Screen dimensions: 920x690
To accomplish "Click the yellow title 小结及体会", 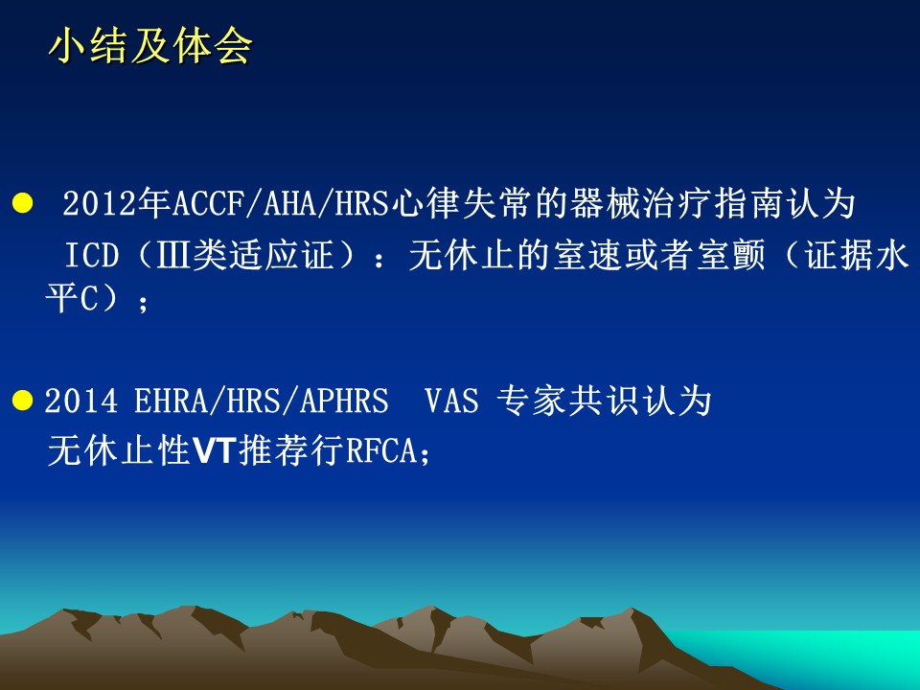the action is pos(150,46).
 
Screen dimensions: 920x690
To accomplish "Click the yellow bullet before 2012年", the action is pos(22,203).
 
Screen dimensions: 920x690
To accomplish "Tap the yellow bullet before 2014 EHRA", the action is pos(22,401).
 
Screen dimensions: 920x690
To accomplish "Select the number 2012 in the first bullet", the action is pos(99,203).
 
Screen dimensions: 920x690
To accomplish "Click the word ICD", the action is pos(92,255).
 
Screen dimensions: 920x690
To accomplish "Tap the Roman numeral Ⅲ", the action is pos(173,255).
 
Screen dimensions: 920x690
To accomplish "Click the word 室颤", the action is pos(731,255).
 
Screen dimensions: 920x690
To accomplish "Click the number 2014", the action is pos(80,402).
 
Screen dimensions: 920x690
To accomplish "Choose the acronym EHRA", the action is pos(171,402).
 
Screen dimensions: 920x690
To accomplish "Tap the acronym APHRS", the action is pos(344,402).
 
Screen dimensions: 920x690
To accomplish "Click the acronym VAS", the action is pos(451,402).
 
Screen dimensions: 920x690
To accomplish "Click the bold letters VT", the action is pos(215,451).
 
